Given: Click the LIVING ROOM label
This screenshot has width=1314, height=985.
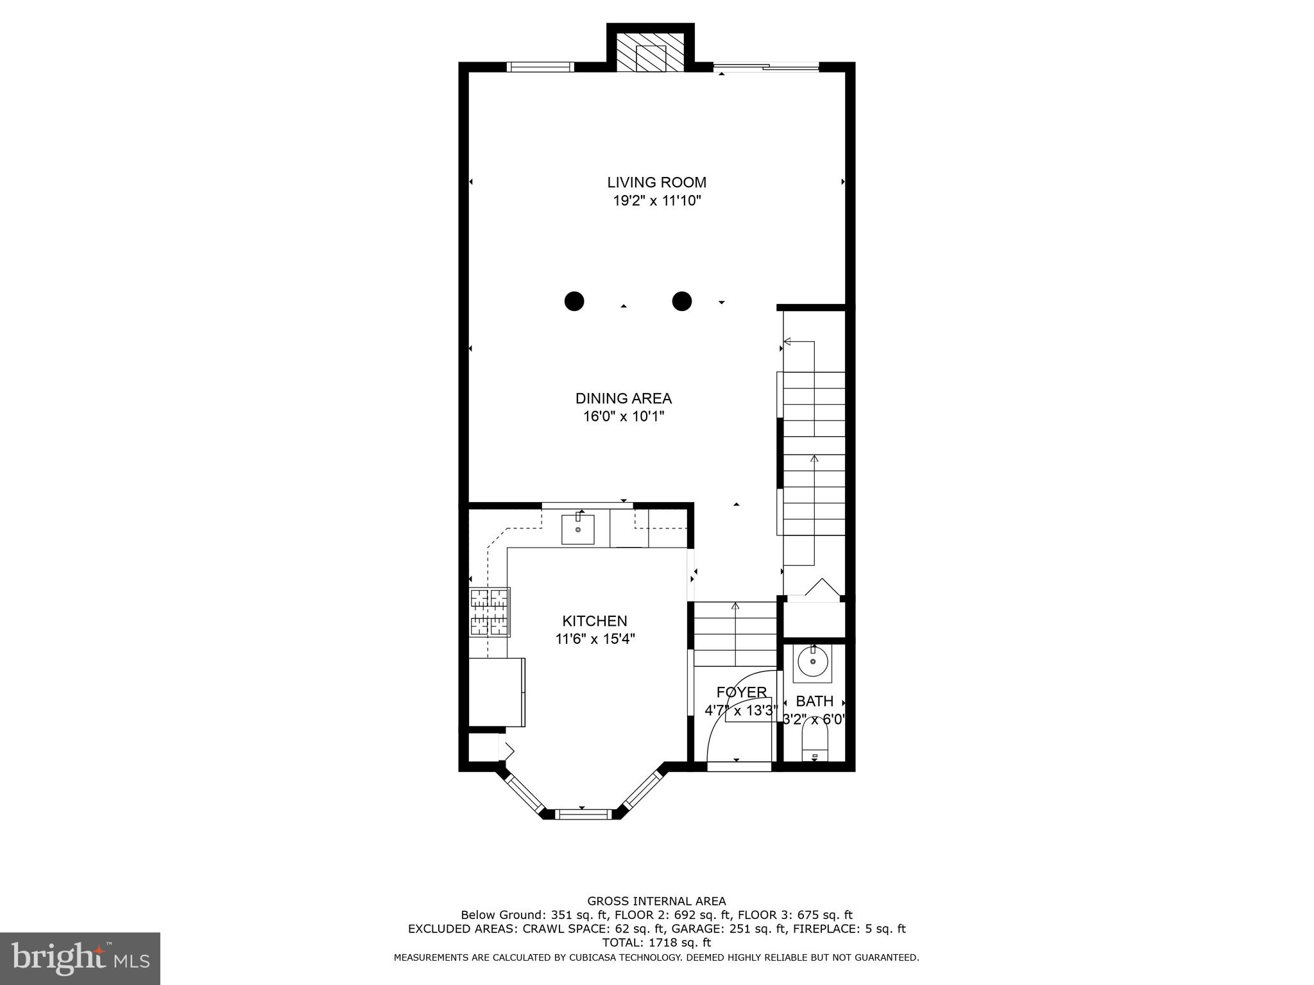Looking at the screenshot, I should tap(656, 182).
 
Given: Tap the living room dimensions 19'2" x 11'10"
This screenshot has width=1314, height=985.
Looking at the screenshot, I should tap(656, 201).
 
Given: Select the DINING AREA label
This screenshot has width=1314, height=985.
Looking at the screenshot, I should tap(623, 398).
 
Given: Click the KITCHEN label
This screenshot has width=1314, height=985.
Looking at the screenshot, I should tap(595, 621).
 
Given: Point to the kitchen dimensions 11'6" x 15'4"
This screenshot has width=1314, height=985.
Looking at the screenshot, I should tap(595, 639).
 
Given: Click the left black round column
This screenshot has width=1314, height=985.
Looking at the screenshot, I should tap(574, 301).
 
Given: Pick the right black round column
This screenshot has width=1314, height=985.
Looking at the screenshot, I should tap(681, 301).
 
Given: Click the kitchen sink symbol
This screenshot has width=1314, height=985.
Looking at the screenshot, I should tap(577, 530).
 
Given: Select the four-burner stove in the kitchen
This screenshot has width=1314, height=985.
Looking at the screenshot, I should tap(490, 612).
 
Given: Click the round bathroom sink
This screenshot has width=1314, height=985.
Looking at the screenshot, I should tap(813, 663).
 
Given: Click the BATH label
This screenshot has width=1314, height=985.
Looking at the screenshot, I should tap(814, 702).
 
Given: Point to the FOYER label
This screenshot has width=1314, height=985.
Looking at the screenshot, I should tap(741, 692).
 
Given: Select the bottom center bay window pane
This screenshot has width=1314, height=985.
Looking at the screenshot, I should tap(583, 814).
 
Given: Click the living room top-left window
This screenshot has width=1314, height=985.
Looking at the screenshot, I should tap(540, 67).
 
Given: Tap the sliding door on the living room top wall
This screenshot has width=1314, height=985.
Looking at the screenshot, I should tap(767, 67).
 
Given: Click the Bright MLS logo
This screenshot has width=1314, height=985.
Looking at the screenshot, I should tap(80, 958).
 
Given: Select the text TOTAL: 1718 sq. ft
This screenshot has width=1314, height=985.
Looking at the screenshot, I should tap(656, 943).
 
